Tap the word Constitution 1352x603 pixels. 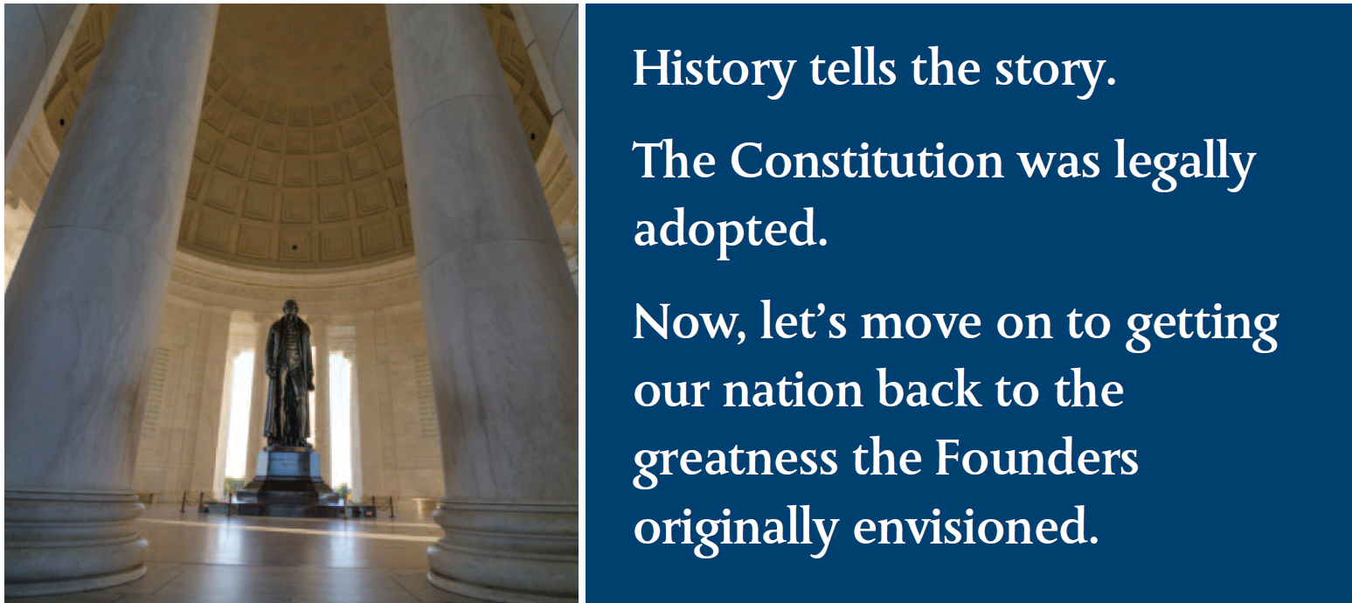[x=867, y=161]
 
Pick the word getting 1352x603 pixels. [x=1203, y=327]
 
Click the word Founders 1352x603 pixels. [x=1037, y=458]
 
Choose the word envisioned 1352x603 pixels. [x=976, y=526]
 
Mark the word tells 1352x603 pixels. [x=853, y=69]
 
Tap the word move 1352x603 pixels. [x=921, y=327]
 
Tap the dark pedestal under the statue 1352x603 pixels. [x=286, y=480]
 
